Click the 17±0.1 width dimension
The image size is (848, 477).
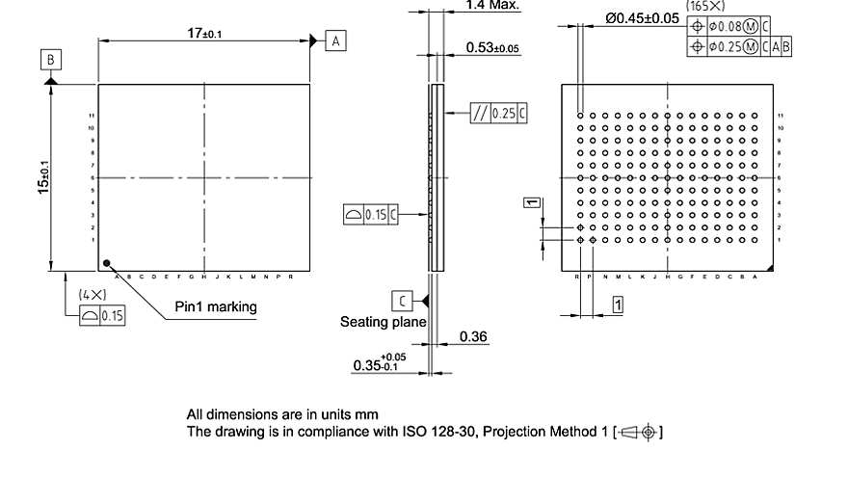tap(203, 33)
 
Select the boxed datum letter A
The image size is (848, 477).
tap(335, 40)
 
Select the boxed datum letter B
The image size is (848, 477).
tap(50, 60)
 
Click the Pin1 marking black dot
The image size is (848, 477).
tap(108, 261)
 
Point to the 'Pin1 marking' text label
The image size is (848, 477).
tap(216, 306)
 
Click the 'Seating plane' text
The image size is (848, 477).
tap(383, 322)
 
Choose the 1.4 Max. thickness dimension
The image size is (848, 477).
tap(491, 6)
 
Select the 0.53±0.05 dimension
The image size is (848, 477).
tap(491, 47)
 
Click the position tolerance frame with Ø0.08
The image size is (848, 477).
tap(733, 27)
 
